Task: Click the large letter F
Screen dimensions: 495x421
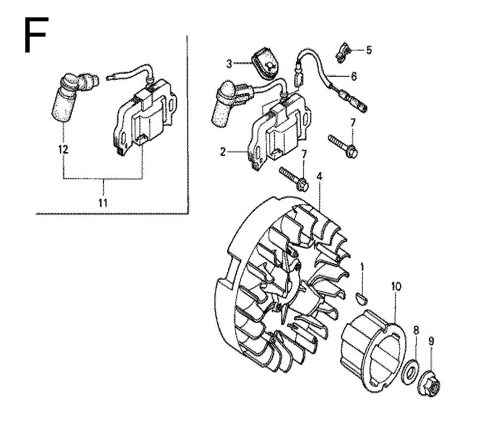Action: point(36,35)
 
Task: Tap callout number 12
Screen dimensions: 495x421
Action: point(63,149)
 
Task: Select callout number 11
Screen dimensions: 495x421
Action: point(103,203)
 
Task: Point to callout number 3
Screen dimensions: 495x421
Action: point(229,64)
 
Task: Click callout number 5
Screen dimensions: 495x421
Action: point(369,50)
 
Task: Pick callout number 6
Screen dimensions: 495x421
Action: point(353,76)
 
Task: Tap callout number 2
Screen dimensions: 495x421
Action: point(223,152)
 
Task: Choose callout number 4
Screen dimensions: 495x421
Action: point(319,176)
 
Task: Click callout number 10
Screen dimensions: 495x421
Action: point(396,286)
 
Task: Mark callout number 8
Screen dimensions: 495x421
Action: point(416,331)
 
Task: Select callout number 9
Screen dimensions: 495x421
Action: point(431,341)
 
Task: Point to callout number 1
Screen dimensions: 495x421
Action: point(362,266)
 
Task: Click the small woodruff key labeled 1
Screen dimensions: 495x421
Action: point(362,298)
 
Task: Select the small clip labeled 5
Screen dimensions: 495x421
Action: point(342,53)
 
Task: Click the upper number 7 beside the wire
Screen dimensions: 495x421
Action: point(352,122)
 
